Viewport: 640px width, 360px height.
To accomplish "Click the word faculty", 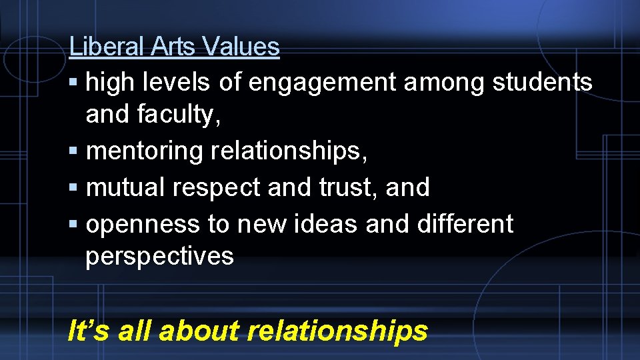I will click(x=178, y=115).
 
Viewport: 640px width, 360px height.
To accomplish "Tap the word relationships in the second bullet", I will click(x=289, y=151).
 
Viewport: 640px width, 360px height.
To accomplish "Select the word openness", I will click(x=143, y=225).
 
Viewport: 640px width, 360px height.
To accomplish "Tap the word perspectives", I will click(x=160, y=257).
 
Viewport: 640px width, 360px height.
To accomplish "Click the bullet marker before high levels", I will click(x=74, y=83).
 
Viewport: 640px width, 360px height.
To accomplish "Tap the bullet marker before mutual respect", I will click(x=74, y=188).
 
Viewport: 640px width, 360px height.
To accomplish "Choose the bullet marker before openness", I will click(x=74, y=225).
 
